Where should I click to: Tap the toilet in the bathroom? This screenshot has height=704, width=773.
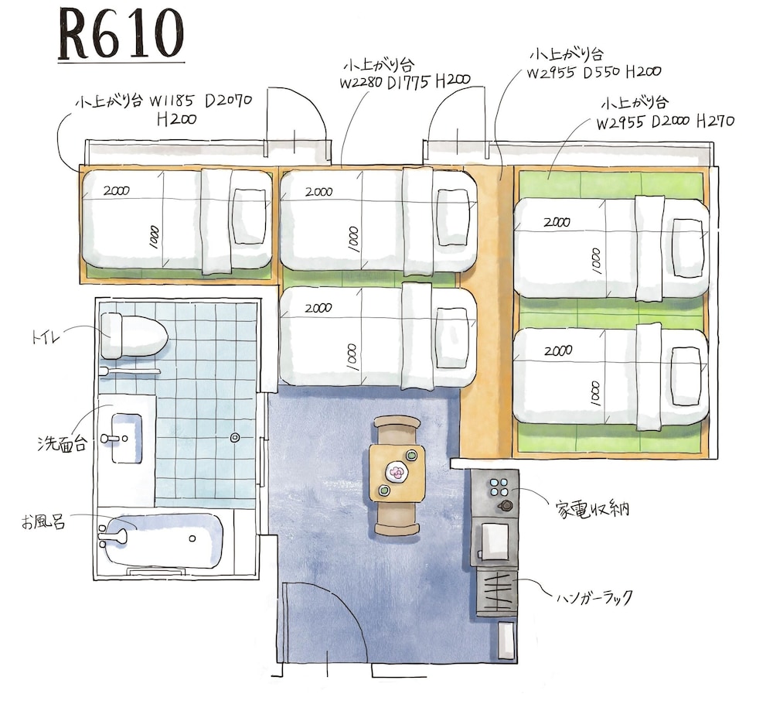click(x=134, y=336)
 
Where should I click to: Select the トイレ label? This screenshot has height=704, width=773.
click(x=46, y=337)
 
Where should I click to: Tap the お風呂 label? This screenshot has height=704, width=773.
click(x=43, y=522)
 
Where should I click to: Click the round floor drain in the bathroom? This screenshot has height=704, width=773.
click(x=235, y=437)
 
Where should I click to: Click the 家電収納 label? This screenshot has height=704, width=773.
click(x=592, y=508)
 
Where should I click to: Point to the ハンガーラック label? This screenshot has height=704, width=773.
click(x=594, y=598)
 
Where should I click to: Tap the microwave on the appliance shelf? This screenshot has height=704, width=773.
click(x=494, y=542)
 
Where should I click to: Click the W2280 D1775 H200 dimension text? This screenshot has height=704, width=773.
click(x=405, y=81)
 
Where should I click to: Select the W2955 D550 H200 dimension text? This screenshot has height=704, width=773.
click(x=594, y=72)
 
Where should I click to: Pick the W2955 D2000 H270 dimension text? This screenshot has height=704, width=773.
click(x=666, y=121)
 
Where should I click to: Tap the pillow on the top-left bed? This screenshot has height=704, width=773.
click(x=250, y=216)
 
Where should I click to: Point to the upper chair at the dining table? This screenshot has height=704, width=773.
click(x=397, y=429)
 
